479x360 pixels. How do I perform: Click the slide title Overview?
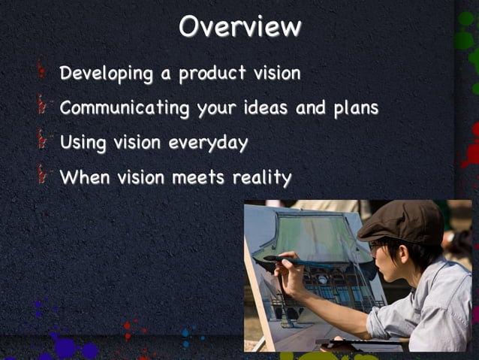239,26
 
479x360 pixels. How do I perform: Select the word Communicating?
124,107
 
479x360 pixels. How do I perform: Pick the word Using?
83,143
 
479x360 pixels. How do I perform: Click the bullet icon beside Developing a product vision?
43,72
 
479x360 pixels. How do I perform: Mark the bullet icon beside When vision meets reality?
43,176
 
